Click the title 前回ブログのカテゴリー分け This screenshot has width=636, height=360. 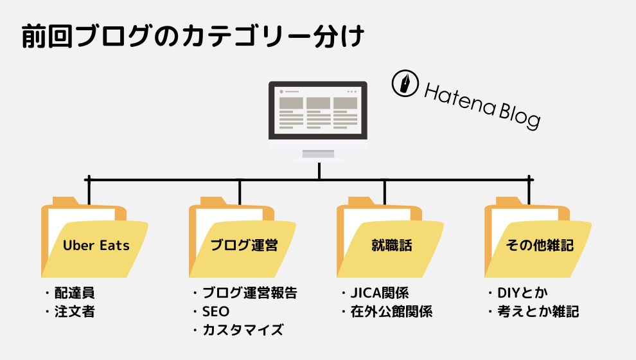coord(193,37)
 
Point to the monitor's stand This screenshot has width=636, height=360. coord(318,154)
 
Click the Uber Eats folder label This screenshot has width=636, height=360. coord(96,246)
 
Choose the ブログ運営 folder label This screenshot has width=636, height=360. coord(244,246)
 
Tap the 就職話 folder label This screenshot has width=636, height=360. coord(391,246)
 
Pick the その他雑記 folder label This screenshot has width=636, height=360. coord(540,246)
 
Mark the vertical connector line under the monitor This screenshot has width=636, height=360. coord(319,170)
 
